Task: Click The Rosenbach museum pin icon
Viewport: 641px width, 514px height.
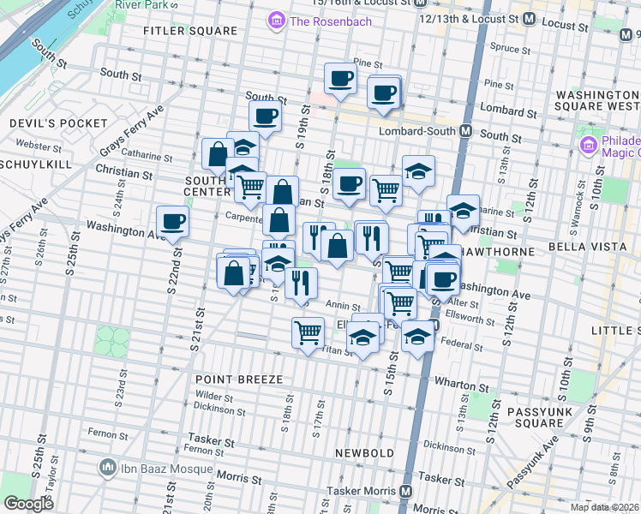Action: [277, 20]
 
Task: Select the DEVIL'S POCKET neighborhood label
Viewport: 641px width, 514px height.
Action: [44, 123]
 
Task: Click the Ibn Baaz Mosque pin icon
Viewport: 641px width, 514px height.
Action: [107, 467]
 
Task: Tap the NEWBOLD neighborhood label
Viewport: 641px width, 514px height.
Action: [364, 452]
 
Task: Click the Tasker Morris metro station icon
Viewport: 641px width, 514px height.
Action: [405, 492]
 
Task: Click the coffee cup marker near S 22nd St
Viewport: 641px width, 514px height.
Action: [173, 222]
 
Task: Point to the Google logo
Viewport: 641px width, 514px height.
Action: [28, 504]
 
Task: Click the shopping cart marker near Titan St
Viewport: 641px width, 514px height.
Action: [308, 332]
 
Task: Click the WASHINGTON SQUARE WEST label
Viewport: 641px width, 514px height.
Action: [597, 103]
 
